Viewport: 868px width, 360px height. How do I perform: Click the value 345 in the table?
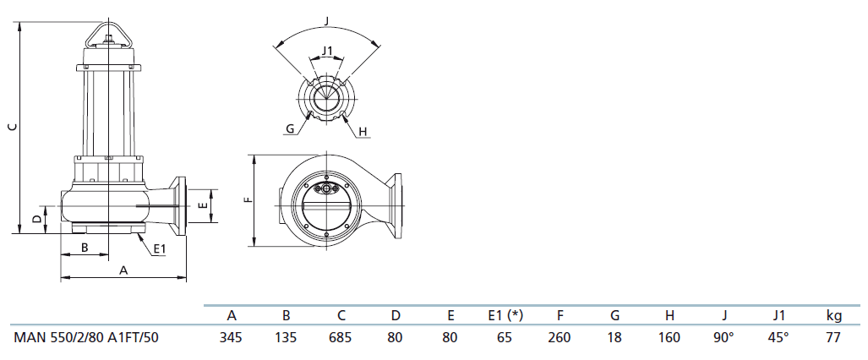(231, 337)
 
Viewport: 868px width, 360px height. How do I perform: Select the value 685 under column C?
(341, 337)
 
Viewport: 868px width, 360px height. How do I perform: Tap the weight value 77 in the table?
(833, 337)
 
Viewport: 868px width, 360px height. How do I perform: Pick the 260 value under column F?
(560, 337)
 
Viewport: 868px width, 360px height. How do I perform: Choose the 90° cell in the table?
(724, 337)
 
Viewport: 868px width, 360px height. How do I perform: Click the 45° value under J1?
(779, 337)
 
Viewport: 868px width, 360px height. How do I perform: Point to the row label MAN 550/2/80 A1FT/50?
(86, 337)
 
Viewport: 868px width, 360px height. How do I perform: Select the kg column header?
(833, 316)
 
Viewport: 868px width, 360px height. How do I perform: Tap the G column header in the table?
(614, 316)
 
